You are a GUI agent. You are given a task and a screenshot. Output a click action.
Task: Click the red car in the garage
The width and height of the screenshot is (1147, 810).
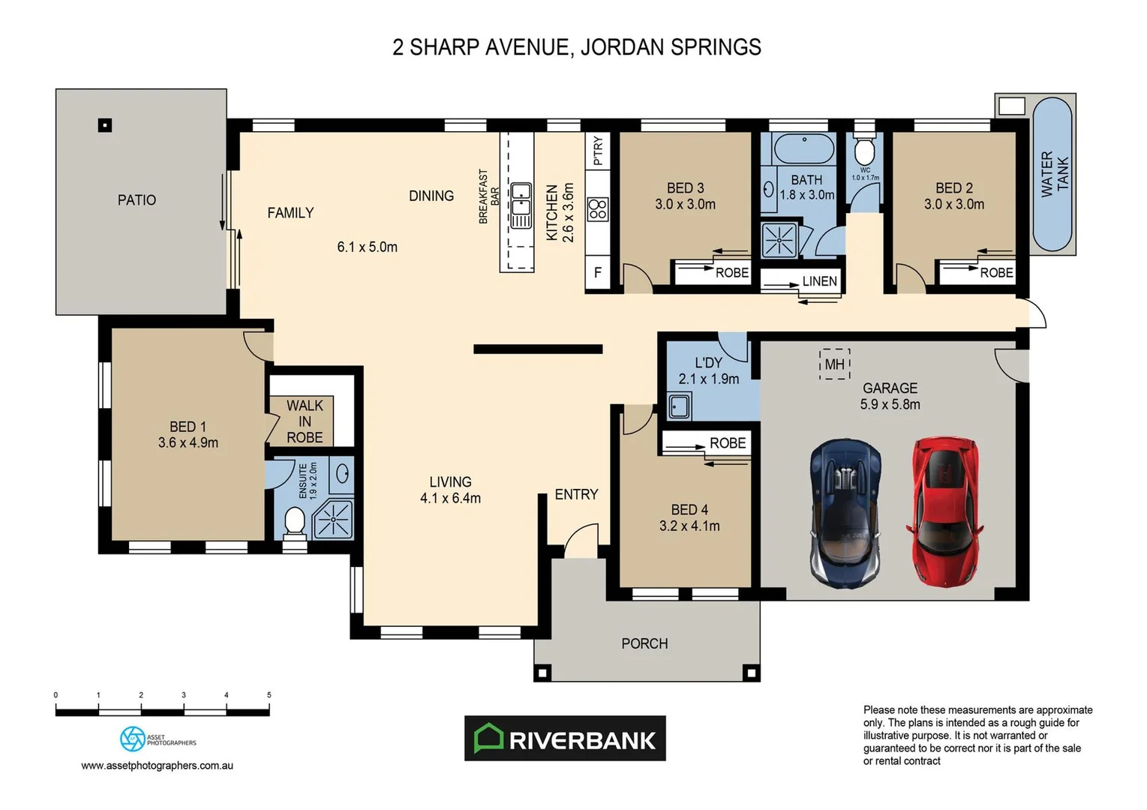click(945, 512)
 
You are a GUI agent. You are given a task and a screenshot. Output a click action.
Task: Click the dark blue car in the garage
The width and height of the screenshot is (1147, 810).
click(845, 512)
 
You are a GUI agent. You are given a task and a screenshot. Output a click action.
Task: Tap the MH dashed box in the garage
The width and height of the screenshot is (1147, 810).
click(834, 364)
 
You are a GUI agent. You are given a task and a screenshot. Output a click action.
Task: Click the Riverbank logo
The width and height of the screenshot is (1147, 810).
click(565, 739)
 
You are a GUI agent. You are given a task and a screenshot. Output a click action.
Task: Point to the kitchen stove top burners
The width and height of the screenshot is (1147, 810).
click(598, 208)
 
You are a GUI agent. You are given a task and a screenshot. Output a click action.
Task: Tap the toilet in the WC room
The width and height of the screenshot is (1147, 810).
click(865, 150)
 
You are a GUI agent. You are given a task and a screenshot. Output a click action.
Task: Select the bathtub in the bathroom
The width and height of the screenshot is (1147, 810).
click(803, 148)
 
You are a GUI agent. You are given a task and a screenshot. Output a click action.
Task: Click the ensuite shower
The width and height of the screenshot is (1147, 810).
click(332, 519)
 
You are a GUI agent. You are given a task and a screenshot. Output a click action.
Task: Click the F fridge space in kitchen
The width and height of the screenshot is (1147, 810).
click(598, 273)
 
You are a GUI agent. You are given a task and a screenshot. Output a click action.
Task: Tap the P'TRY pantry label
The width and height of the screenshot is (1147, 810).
click(598, 151)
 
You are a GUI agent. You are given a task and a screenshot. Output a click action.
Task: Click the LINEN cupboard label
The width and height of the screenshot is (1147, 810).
click(819, 281)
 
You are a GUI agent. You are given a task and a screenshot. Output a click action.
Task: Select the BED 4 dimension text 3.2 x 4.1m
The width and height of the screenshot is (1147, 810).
click(689, 526)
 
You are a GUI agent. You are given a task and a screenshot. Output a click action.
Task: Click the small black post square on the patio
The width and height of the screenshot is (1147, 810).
click(105, 125)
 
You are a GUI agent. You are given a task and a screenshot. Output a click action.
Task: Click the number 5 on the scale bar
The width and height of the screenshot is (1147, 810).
click(269, 695)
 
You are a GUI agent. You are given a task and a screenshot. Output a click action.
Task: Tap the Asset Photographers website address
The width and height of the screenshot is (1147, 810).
click(157, 766)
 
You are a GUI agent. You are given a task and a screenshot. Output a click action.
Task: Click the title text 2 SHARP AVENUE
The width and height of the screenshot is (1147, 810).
click(481, 47)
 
